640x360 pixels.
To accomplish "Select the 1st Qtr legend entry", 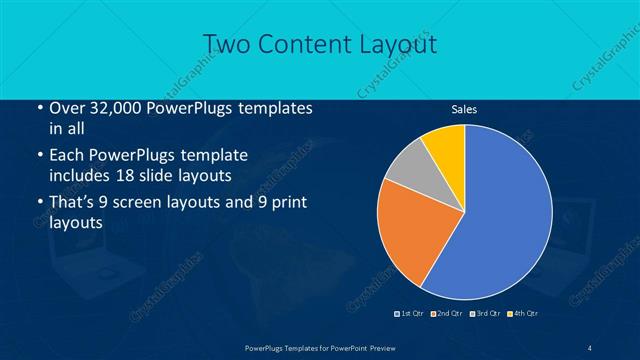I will (x=411, y=314).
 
